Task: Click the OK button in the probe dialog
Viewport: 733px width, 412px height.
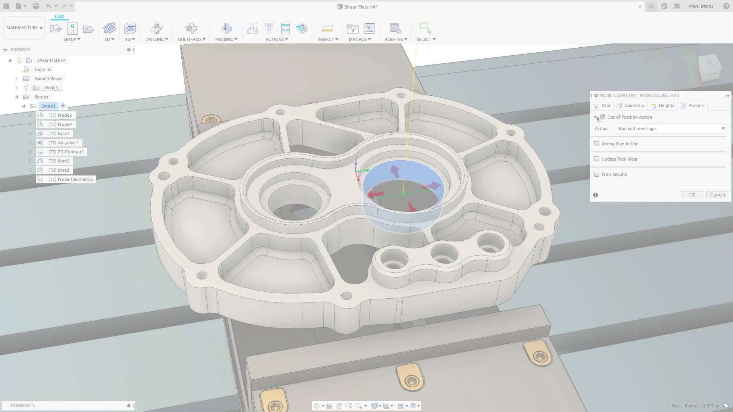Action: point(692,195)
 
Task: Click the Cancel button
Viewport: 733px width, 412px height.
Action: point(717,195)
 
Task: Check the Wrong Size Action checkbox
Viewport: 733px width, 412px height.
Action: point(597,144)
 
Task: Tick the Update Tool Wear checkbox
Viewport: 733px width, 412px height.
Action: point(597,159)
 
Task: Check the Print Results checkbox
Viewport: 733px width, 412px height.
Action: point(597,174)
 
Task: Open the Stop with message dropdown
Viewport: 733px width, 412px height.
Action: point(670,129)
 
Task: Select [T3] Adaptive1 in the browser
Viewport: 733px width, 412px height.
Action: point(63,143)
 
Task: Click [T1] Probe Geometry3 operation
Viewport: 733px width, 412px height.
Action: point(70,179)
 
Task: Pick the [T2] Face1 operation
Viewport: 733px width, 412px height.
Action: point(58,134)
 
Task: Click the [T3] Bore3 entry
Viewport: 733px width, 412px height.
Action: point(58,170)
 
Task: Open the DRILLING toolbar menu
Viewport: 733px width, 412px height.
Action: point(157,39)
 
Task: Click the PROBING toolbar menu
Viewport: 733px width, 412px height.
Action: point(226,39)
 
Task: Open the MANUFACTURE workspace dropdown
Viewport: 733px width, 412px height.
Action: point(24,28)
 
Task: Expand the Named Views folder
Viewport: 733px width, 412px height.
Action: point(17,79)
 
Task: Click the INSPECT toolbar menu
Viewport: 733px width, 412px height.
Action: point(328,39)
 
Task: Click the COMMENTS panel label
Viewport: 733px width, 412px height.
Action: point(23,406)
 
